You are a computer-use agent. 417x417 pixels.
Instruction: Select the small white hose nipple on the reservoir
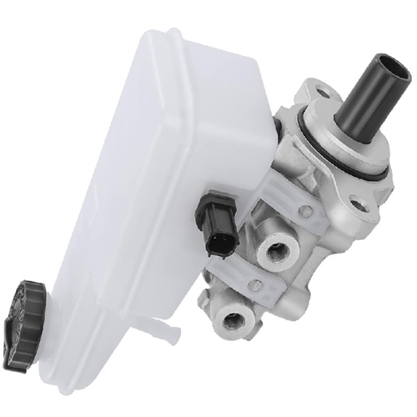[170, 334]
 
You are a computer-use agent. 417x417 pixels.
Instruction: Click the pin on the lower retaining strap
[257, 286]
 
